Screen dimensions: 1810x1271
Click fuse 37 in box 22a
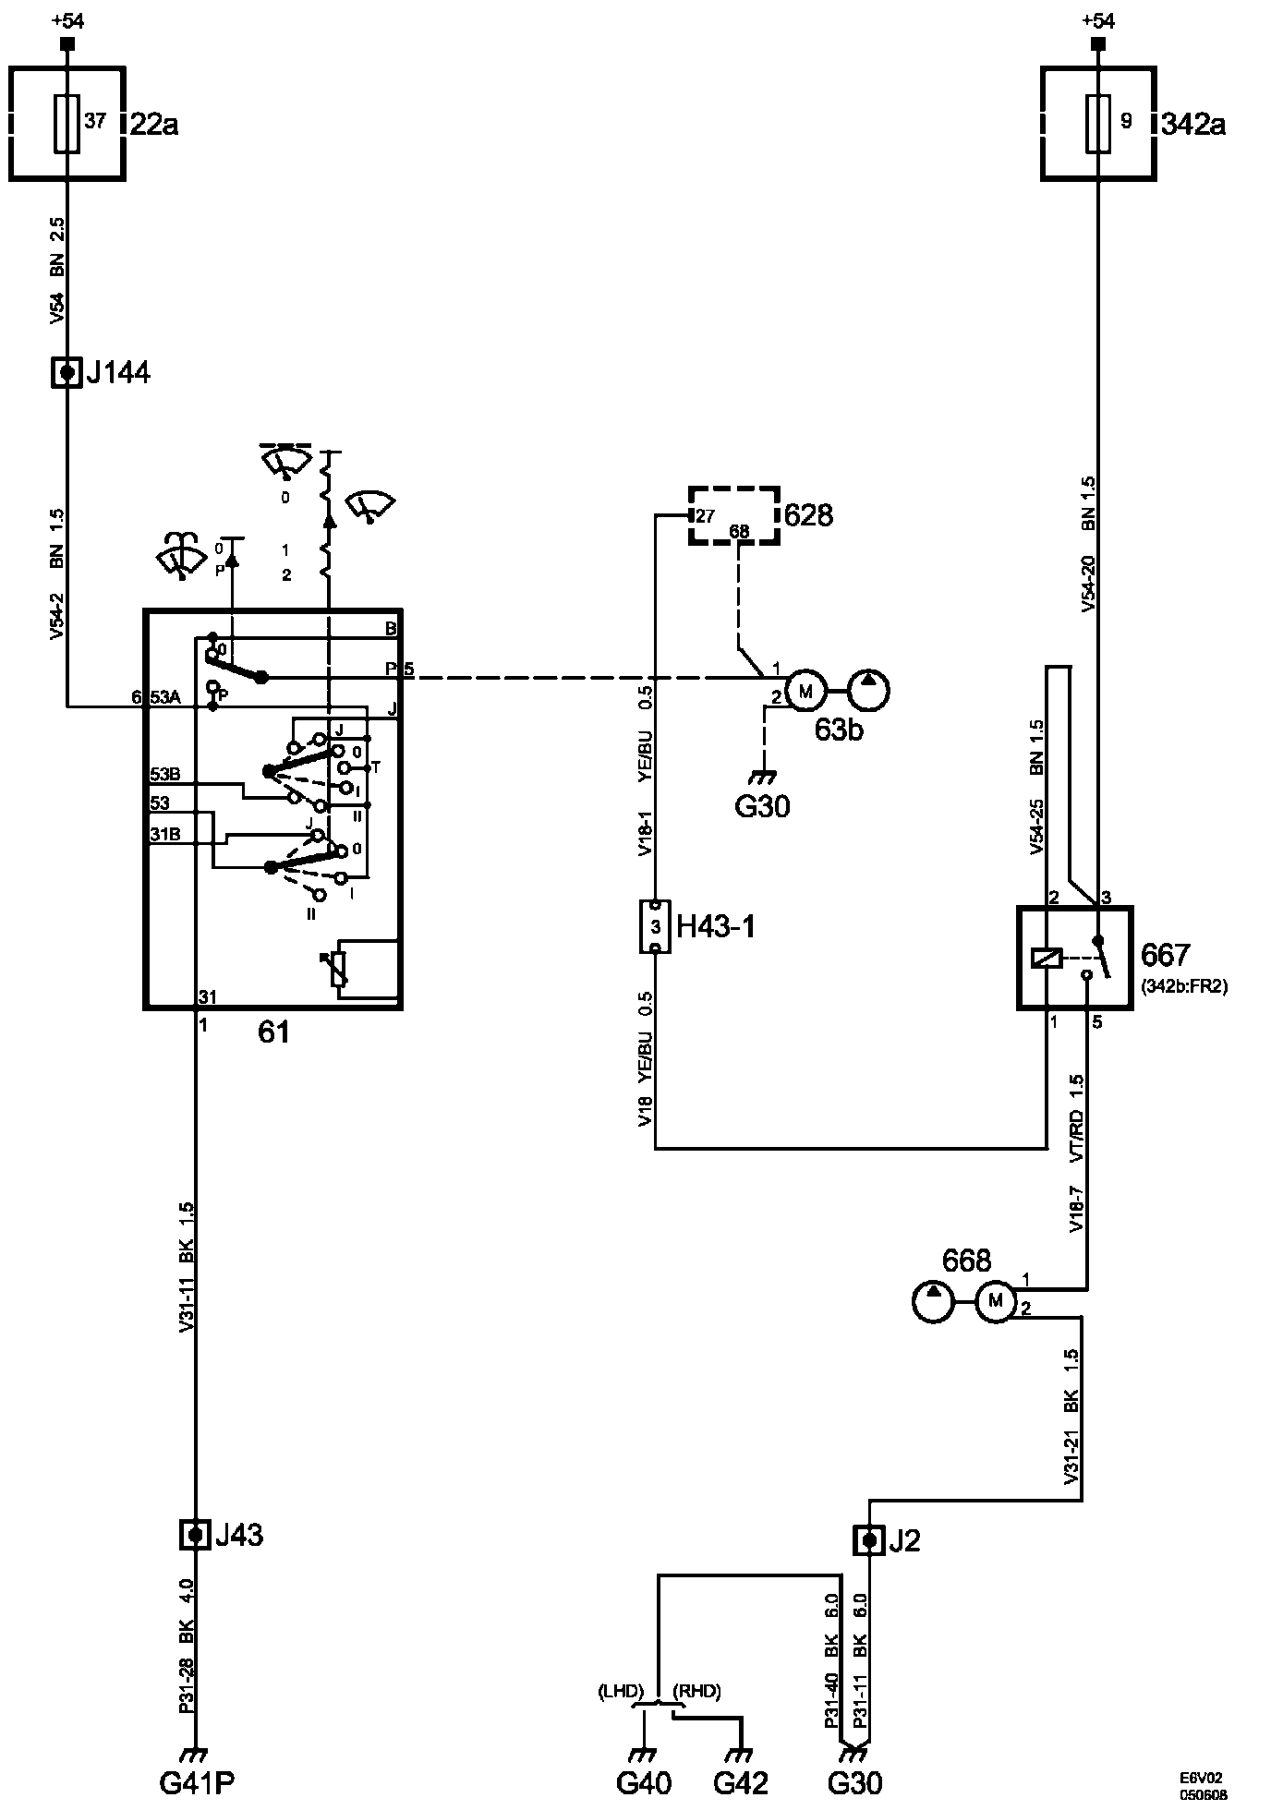coord(67,122)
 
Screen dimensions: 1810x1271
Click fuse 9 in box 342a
coord(1098,122)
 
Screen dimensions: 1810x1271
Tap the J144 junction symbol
coord(67,373)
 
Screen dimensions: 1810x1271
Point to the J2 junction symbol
coord(868,1539)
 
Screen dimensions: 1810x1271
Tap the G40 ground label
coord(644,1781)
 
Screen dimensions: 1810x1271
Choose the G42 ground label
coord(742,1781)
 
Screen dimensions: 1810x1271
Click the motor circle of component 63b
coord(805,689)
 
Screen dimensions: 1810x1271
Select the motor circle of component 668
coord(995,1301)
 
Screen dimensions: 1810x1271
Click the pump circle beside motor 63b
coord(869,689)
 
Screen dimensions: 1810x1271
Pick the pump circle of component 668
coord(932,1301)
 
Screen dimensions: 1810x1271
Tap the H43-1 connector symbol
coord(655,926)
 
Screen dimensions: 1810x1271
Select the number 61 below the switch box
coord(273,1032)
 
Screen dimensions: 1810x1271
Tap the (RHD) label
coord(696,1691)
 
